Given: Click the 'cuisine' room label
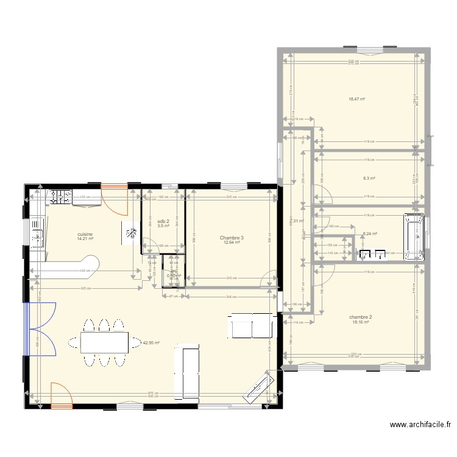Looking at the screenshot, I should [85, 233].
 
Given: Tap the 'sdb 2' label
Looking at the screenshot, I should [163, 221].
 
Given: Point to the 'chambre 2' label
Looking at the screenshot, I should [361, 317].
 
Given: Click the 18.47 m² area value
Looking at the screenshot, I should [357, 99].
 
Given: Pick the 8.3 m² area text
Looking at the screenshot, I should [369, 179].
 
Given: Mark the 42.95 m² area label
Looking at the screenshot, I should [151, 342].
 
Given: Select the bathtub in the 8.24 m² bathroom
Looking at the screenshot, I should [414, 236].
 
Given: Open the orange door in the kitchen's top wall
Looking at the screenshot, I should [115, 199].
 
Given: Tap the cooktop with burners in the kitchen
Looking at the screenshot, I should [60, 197].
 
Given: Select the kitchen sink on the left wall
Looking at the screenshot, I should [37, 233].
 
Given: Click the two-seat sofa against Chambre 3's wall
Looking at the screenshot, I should [252, 326].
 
